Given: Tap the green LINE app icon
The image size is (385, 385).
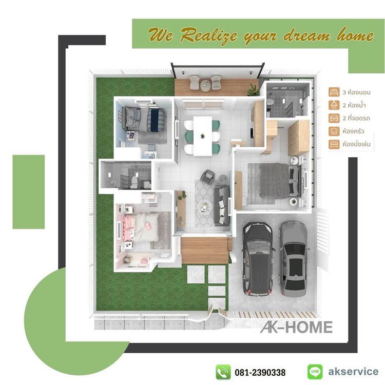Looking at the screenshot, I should point(315,371).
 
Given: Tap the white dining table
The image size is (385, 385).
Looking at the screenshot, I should point(202,136).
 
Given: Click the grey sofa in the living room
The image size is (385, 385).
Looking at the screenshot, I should point(222,206).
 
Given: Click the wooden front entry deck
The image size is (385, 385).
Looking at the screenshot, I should point(204,249).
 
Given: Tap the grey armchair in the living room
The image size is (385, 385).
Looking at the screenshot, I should point(208,177).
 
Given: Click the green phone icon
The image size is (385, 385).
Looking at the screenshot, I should point(223,371).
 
